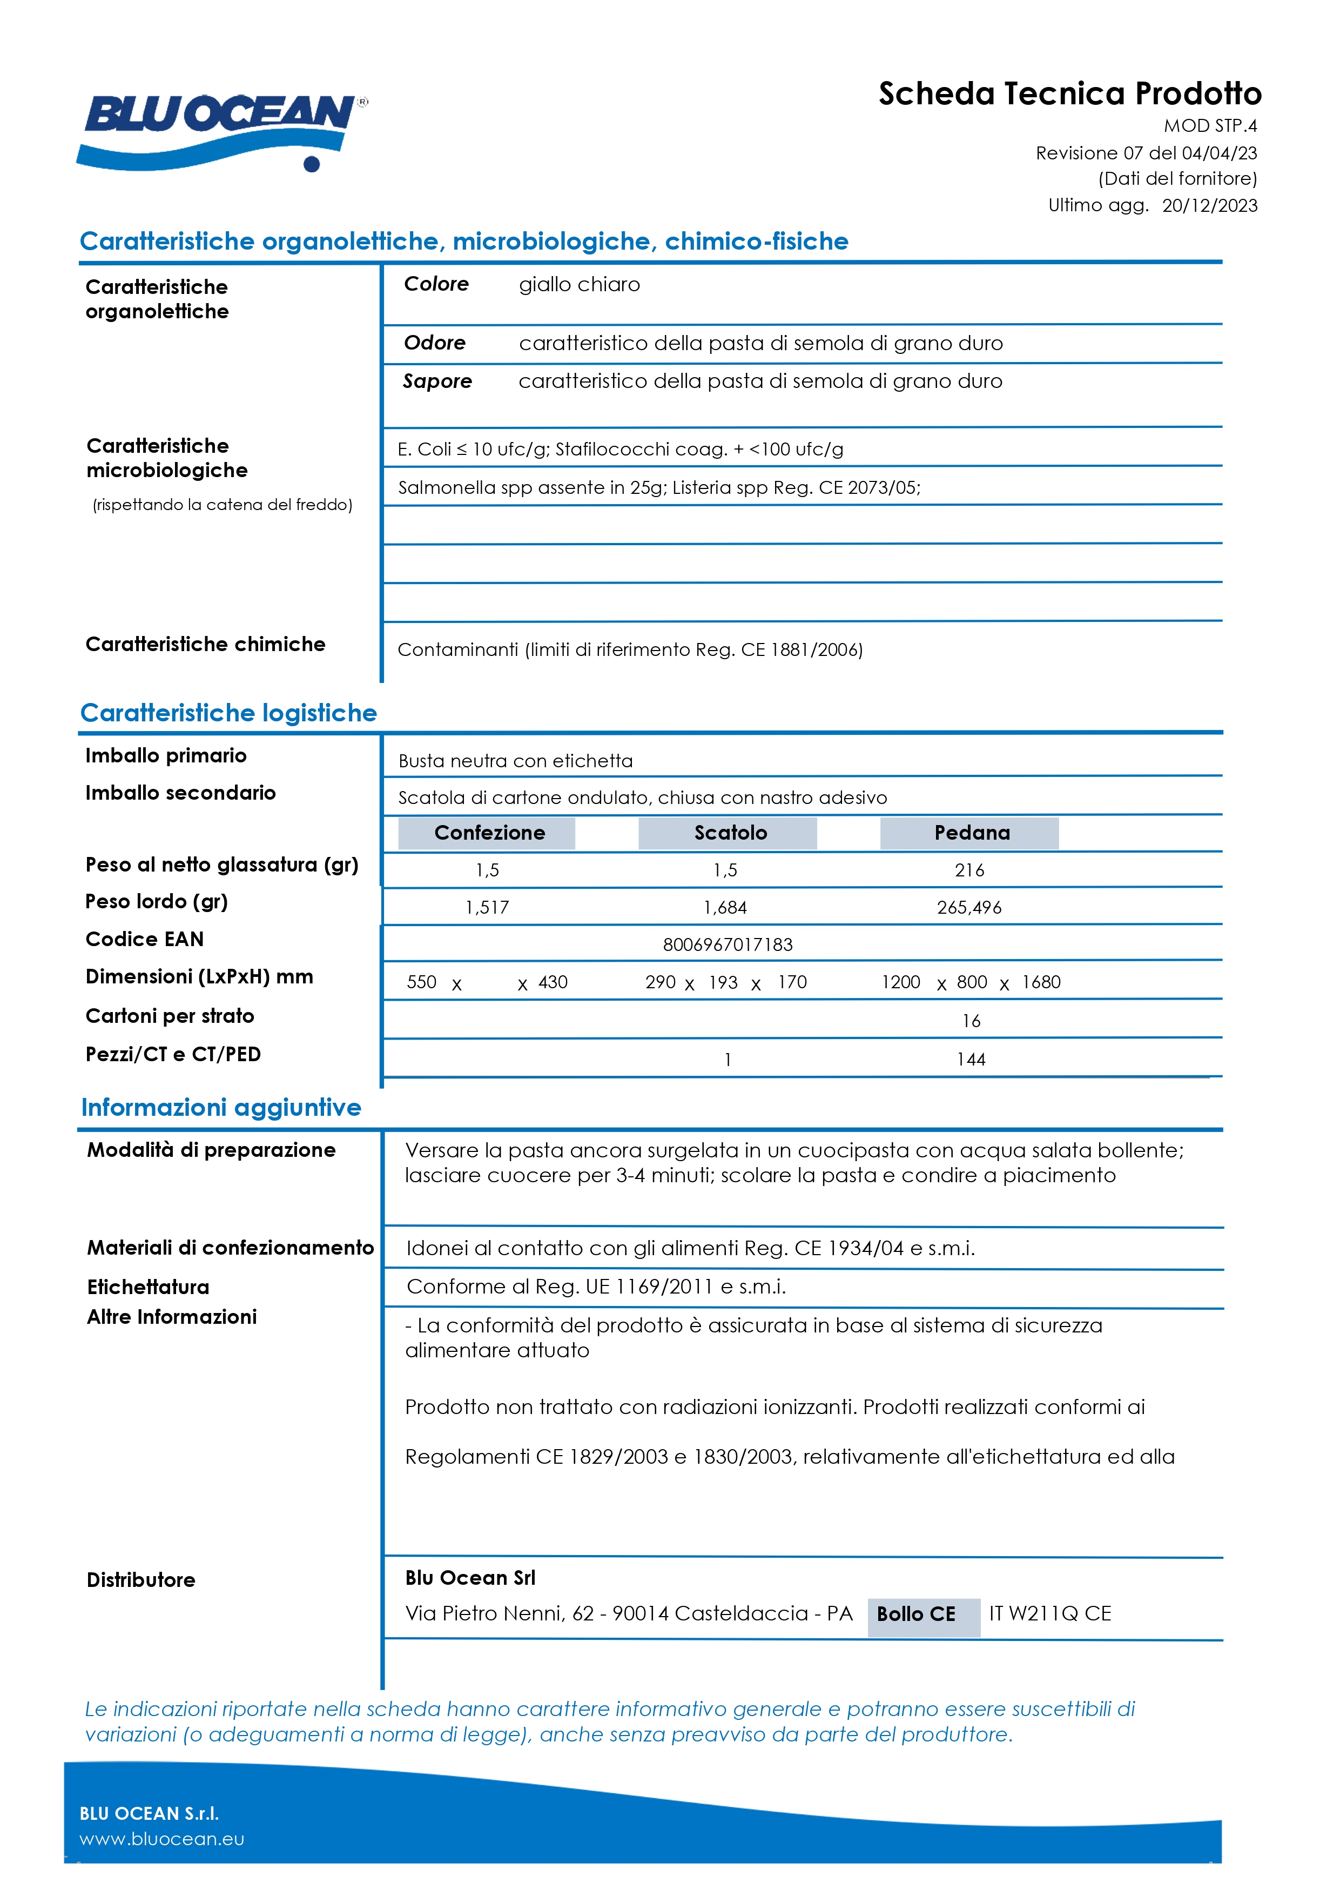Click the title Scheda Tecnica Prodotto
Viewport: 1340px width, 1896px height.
coord(1069,93)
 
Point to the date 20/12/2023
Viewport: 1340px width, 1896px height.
coord(1209,206)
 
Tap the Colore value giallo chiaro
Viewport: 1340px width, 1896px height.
coord(579,285)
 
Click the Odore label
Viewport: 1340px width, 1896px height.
coord(434,343)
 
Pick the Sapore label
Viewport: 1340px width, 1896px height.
coord(437,381)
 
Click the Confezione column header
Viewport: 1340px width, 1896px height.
coord(489,833)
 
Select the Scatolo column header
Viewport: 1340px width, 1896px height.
coord(730,833)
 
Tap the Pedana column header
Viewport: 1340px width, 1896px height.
coord(971,833)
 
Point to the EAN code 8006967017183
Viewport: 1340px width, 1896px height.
coord(728,944)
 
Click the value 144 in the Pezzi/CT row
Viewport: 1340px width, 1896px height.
coord(971,1060)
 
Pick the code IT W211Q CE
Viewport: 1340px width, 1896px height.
coord(1050,1613)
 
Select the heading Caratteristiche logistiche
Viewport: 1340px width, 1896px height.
coord(228,713)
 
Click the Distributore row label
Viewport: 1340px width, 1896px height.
coord(141,1580)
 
